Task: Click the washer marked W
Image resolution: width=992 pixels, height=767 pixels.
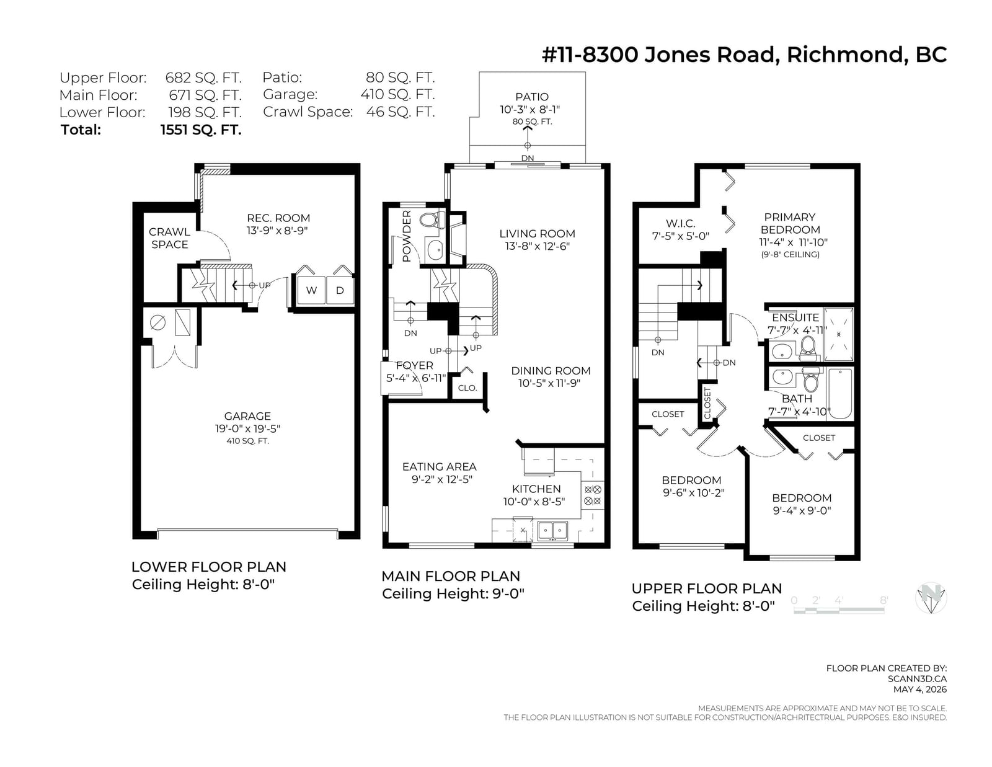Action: (x=311, y=290)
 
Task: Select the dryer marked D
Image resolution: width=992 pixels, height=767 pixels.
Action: (x=340, y=290)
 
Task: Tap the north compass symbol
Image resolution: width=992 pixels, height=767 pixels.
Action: (x=931, y=598)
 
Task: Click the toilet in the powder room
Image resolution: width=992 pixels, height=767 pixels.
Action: (x=432, y=221)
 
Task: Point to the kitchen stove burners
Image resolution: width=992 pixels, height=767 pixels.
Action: (x=593, y=495)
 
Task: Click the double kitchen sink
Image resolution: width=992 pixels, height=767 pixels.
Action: (x=552, y=531)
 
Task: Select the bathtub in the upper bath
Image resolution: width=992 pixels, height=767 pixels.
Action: (x=839, y=394)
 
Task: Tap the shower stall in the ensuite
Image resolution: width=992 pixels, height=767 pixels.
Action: (x=839, y=335)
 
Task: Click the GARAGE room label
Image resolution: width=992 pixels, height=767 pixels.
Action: (x=247, y=416)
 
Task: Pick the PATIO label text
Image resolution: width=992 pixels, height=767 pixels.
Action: (x=532, y=97)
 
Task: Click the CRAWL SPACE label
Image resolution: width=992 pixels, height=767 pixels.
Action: (x=169, y=238)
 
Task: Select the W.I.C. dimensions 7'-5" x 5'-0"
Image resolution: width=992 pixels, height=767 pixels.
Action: (x=681, y=236)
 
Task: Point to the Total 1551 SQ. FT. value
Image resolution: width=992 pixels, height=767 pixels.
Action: (x=201, y=130)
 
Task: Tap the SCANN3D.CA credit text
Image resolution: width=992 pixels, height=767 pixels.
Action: (x=917, y=679)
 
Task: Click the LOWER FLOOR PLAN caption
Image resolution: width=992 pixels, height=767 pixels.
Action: (x=208, y=567)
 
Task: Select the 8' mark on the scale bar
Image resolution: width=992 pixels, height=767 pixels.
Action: (x=883, y=600)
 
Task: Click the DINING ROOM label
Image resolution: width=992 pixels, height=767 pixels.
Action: (x=551, y=371)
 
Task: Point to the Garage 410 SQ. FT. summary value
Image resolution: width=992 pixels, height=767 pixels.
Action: (x=397, y=94)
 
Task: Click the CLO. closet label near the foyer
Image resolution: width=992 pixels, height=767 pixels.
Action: (x=467, y=388)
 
